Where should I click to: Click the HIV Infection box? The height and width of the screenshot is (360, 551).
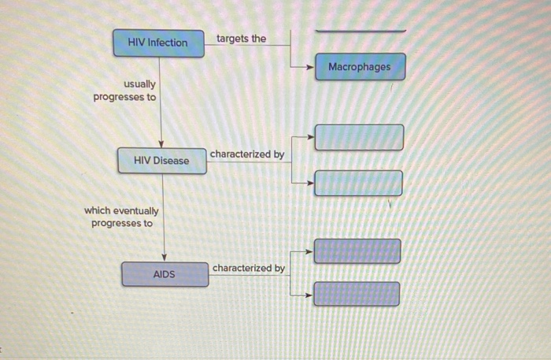[x=158, y=42]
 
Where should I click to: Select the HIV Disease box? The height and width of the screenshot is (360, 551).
[x=161, y=161]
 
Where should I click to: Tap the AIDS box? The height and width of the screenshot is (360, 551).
[x=165, y=274]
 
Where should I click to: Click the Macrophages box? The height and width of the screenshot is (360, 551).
[x=360, y=67]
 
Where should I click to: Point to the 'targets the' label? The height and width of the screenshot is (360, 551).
[x=241, y=39]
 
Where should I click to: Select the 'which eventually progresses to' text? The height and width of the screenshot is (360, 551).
[x=122, y=217]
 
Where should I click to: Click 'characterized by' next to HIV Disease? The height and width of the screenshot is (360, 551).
[x=247, y=154]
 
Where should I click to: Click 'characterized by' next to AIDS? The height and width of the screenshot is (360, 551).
[x=249, y=269]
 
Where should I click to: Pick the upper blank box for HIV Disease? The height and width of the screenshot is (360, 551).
[x=359, y=137]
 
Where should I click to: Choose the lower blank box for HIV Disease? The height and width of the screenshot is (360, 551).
[x=359, y=183]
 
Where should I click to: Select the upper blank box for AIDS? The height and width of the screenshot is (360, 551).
[x=357, y=251]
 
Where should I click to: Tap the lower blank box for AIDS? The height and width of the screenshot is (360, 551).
[x=357, y=294]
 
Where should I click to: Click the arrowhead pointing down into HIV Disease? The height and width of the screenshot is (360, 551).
[x=161, y=143]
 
